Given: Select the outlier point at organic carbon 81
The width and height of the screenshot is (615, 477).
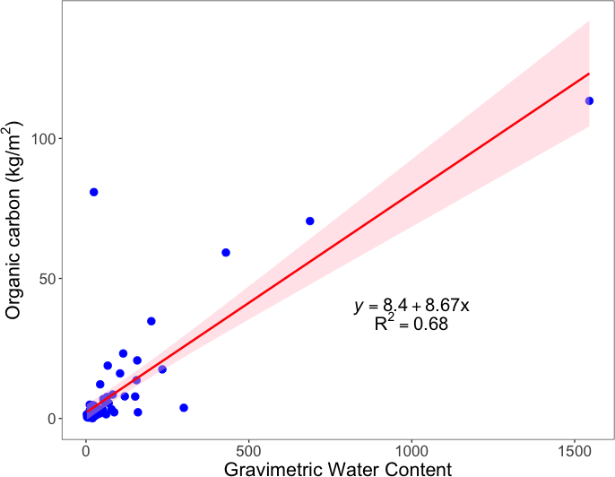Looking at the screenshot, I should coord(93,192).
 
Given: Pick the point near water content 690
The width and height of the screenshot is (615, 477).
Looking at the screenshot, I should coord(310,221).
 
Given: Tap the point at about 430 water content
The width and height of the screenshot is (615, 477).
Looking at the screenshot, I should coord(226,253).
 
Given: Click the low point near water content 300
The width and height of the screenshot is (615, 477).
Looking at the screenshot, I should coord(184,407).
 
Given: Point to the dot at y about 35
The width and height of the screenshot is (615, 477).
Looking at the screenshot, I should coord(152,321).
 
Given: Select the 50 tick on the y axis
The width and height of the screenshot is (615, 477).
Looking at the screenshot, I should coord(48,279).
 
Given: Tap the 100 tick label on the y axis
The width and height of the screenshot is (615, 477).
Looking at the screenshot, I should coord(44,139).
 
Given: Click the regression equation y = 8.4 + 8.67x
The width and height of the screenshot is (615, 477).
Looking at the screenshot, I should coord(411,306).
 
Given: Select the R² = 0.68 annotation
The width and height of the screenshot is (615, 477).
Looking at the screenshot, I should coord(411,325).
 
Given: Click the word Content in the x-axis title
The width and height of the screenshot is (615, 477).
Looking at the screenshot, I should coord(416,467).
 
